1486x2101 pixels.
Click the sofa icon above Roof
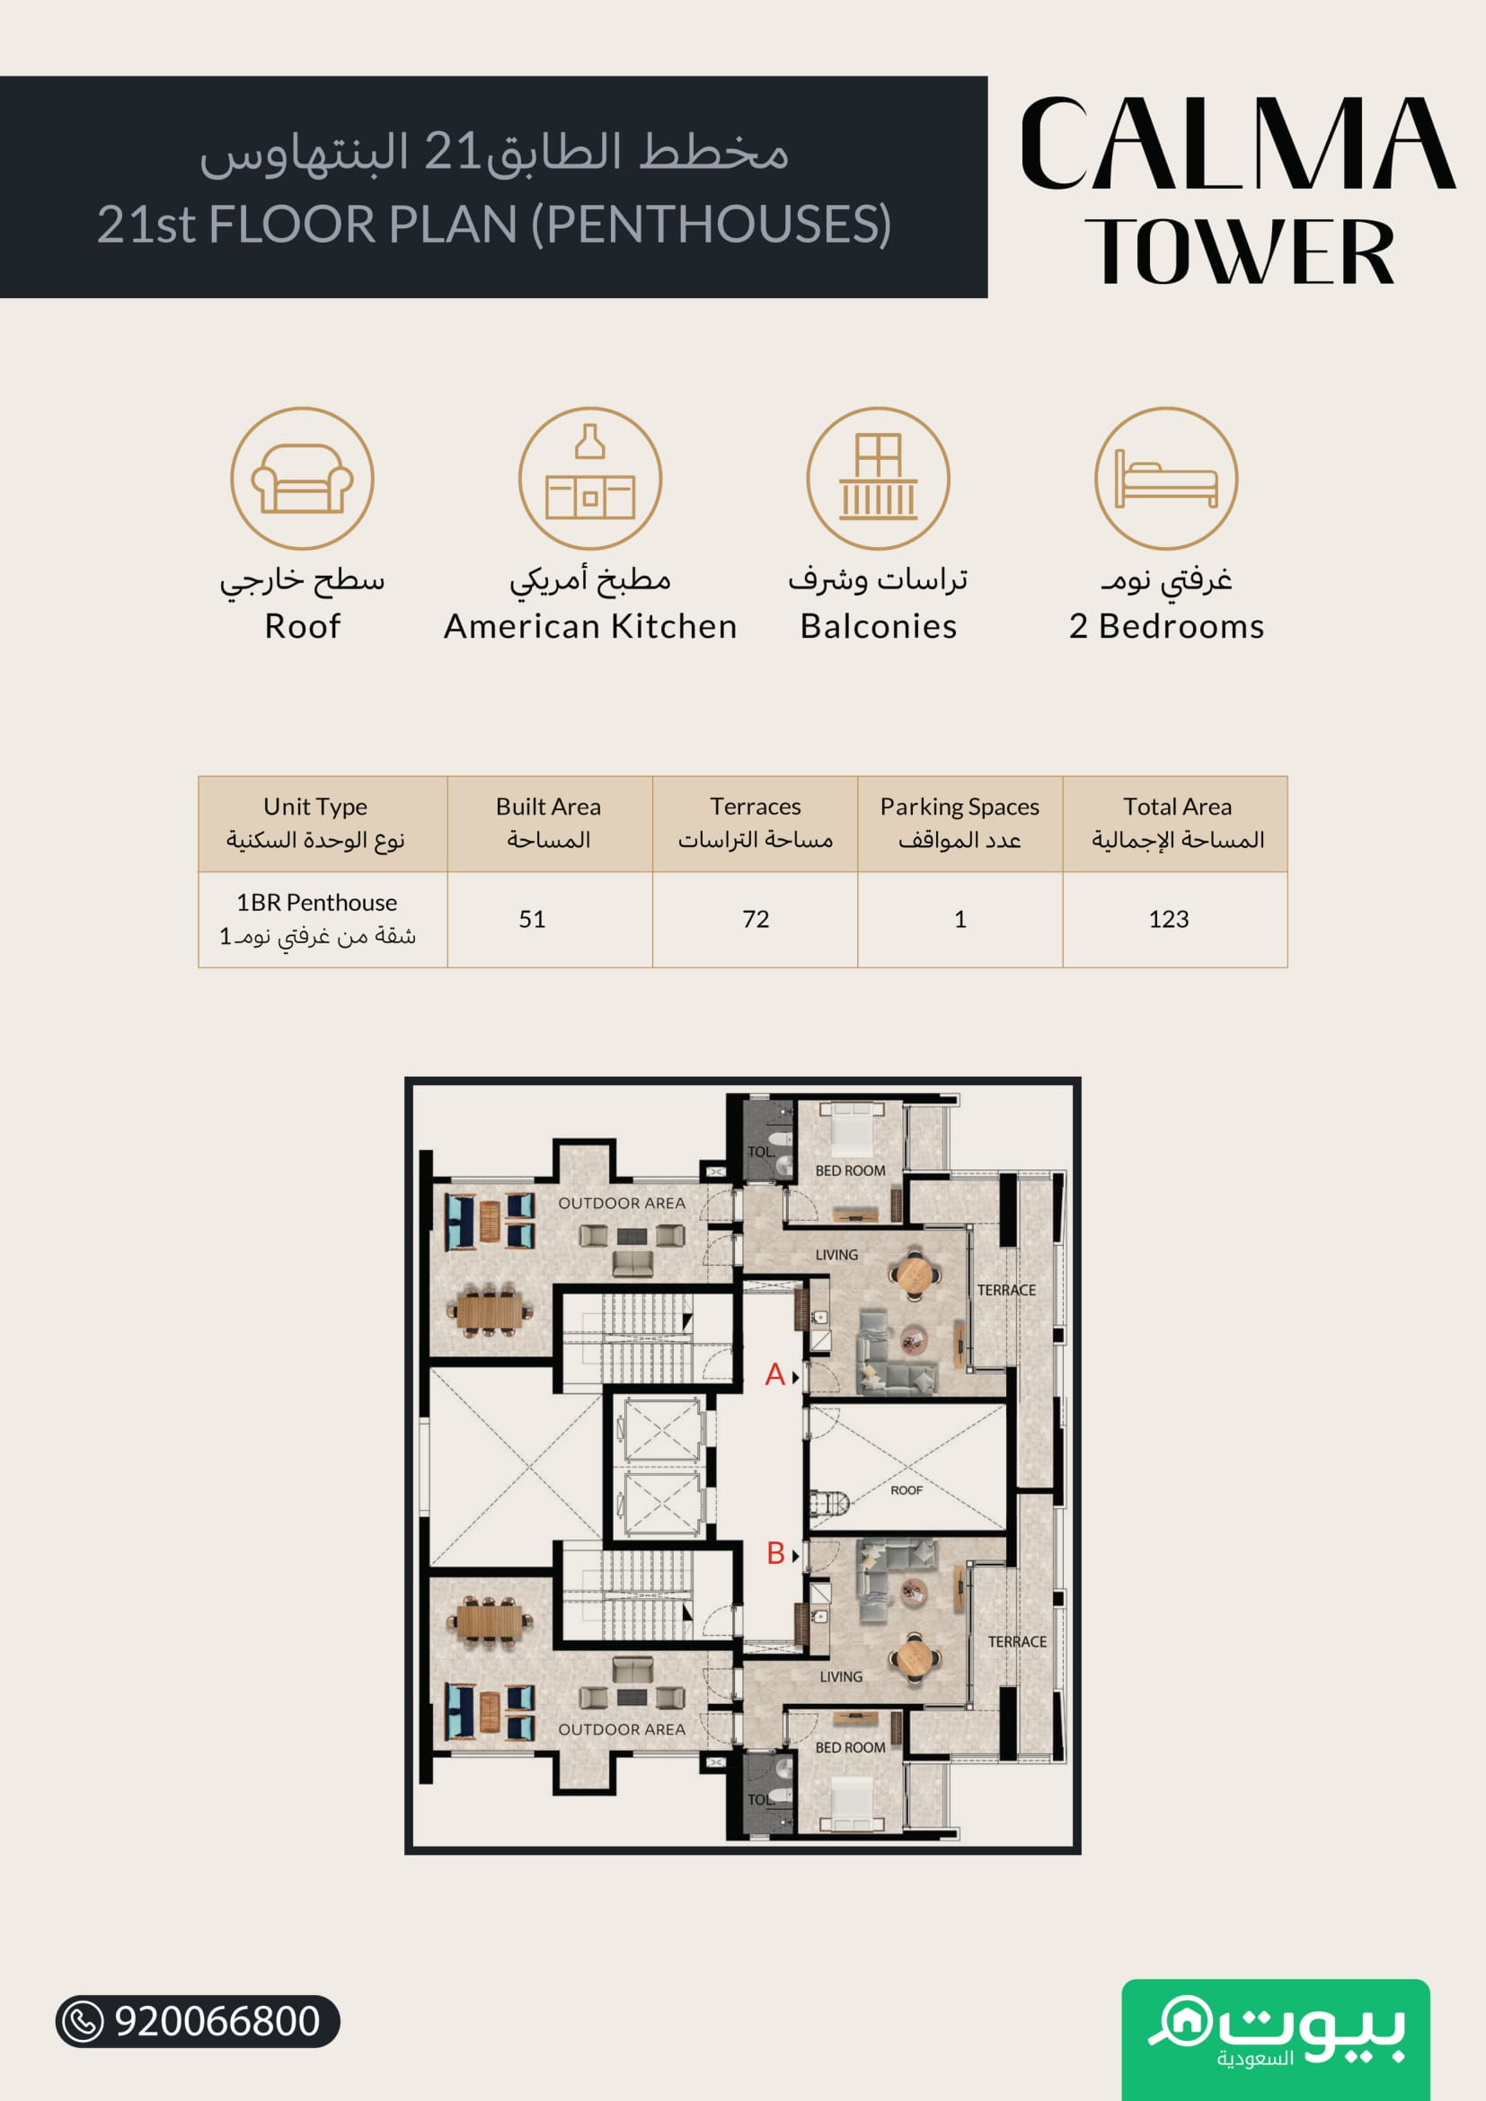tap(302, 479)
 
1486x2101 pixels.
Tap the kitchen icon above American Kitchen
tap(590, 479)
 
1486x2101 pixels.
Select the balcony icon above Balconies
tap(879, 479)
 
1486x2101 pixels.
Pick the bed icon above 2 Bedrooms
tap(1167, 479)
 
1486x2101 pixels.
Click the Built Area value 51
tap(533, 919)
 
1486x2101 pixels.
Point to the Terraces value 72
tap(756, 919)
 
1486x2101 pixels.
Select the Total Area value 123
tap(1169, 919)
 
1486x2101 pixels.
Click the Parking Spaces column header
tap(960, 823)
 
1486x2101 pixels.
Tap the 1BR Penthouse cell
tap(316, 919)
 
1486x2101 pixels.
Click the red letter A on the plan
tap(775, 1374)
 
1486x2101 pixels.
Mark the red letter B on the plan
tap(776, 1553)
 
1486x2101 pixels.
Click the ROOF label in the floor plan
tap(907, 1489)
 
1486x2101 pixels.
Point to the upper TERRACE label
tap(1006, 1289)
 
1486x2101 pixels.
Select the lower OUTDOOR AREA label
tap(623, 1729)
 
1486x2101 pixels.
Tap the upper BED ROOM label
tap(850, 1170)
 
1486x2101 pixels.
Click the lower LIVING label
tap(841, 1676)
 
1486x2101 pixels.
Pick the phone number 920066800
tap(217, 2021)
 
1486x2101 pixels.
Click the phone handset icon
tap(84, 2021)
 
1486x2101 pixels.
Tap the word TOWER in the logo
tap(1239, 251)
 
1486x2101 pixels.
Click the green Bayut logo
tap(1276, 2040)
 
